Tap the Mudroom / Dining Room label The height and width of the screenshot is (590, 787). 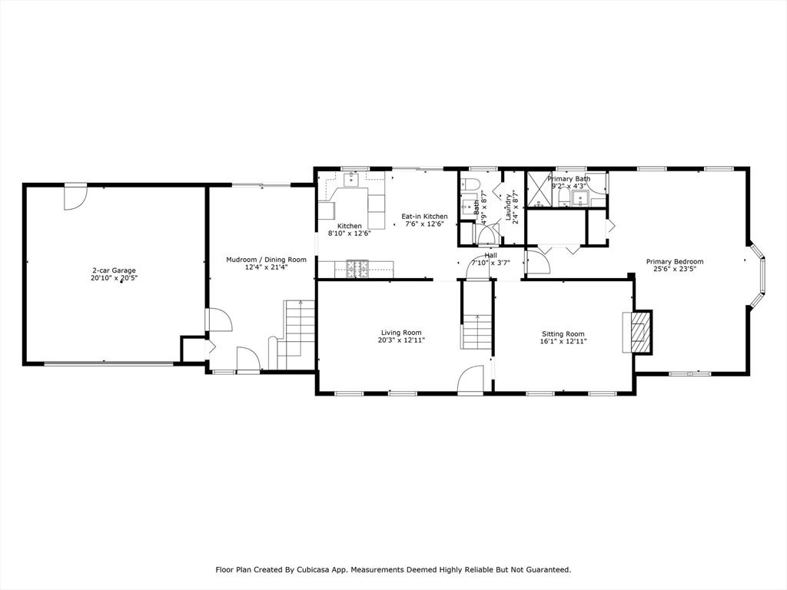point(266,260)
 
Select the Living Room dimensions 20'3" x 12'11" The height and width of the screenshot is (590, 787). point(401,340)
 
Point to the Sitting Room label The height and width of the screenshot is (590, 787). point(563,334)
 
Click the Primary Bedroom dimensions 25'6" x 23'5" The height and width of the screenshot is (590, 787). point(675,269)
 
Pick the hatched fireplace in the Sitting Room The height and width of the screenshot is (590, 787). point(639,332)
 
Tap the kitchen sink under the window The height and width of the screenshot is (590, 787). point(350,179)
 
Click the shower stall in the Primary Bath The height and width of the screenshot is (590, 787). point(538,190)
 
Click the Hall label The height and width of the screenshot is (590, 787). point(491,255)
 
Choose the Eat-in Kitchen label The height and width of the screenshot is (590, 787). point(424,217)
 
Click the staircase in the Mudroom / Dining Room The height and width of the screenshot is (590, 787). point(296,334)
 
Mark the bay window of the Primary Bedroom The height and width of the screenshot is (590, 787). point(757,274)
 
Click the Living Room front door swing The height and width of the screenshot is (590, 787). point(470,379)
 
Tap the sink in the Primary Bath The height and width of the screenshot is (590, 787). point(581,199)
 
